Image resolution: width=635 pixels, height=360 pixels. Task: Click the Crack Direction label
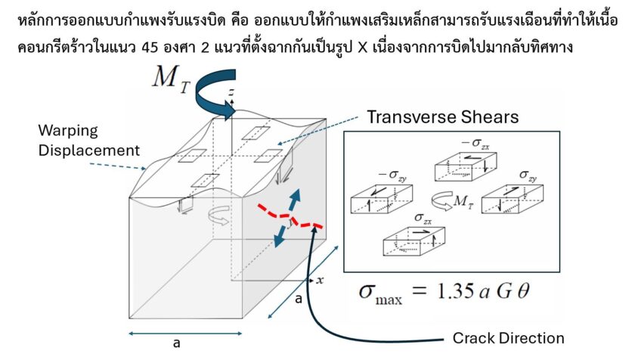click(x=508, y=338)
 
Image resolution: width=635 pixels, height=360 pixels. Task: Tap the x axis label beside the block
click(x=320, y=280)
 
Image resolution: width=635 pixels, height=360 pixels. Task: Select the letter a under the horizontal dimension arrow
click(x=176, y=344)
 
